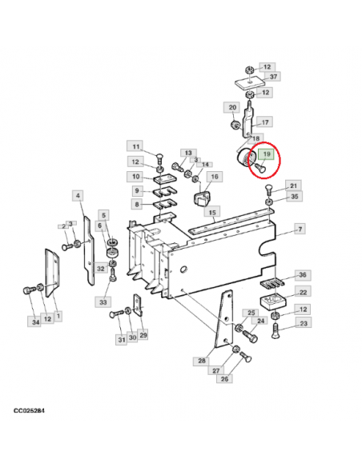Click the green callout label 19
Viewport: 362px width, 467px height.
click(266, 154)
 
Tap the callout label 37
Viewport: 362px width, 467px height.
click(273, 77)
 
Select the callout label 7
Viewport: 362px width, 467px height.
click(300, 229)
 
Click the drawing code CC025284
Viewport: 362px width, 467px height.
click(29, 411)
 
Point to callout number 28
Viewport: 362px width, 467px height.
click(202, 361)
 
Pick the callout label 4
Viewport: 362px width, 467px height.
click(78, 196)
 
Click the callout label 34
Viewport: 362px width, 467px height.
click(36, 321)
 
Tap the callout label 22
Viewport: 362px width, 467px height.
click(303, 292)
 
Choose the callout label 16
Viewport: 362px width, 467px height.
click(215, 177)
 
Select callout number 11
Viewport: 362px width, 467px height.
click(136, 146)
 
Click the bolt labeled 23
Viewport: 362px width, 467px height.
click(276, 331)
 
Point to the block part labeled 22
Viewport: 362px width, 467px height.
click(273, 301)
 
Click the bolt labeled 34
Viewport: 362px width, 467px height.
click(28, 290)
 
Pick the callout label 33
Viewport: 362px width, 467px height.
click(103, 302)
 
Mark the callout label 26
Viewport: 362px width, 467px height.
click(224, 379)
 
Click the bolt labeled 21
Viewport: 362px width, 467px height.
click(268, 190)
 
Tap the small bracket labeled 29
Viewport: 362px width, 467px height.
click(138, 305)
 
